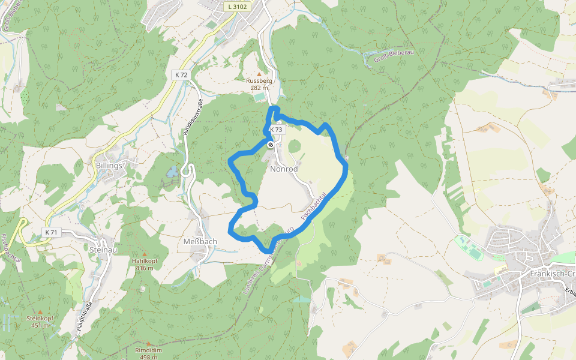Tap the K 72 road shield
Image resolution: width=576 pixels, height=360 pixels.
pyautogui.click(x=181, y=74)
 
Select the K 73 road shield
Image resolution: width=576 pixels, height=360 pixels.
pyautogui.click(x=276, y=130)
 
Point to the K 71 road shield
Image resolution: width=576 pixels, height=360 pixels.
pyautogui.click(x=50, y=232)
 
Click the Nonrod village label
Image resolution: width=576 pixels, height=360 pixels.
pyautogui.click(x=284, y=169)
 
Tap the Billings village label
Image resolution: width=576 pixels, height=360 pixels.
pyautogui.click(x=109, y=165)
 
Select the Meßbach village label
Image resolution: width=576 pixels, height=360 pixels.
pyautogui.click(x=200, y=241)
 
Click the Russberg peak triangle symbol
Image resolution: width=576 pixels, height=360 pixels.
pyautogui.click(x=259, y=74)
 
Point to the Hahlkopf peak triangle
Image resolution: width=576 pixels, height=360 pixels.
pyautogui.click(x=144, y=254)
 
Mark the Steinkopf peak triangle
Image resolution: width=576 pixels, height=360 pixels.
pyautogui.click(x=40, y=312)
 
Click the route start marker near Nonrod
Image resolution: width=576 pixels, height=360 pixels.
pyautogui.click(x=271, y=144)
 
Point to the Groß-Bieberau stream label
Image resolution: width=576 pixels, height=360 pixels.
pyautogui.click(x=394, y=56)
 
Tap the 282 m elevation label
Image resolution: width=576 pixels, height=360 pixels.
pyautogui.click(x=259, y=88)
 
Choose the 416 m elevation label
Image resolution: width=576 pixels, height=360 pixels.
pyautogui.click(x=144, y=268)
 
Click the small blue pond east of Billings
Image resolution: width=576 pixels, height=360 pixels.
pyautogui.click(x=172, y=172)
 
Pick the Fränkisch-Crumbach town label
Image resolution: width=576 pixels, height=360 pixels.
pyautogui.click(x=553, y=274)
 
